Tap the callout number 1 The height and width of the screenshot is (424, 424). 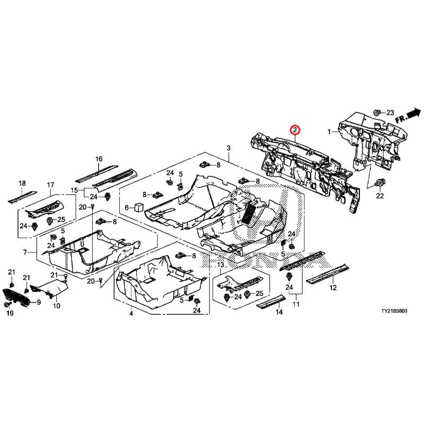pyautogui.click(x=329, y=131)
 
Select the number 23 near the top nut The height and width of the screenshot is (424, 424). pyautogui.click(x=390, y=112)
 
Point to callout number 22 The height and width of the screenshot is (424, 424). pyautogui.click(x=379, y=196)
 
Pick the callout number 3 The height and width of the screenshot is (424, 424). pyautogui.click(x=228, y=147)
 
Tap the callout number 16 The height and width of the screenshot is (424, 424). pyautogui.click(x=99, y=159)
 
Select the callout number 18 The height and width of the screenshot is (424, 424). pyautogui.click(x=22, y=183)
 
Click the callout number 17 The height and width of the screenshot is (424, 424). pyautogui.click(x=51, y=185)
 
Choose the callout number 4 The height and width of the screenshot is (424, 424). pyautogui.click(x=131, y=314)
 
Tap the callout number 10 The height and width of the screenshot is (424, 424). pyautogui.click(x=57, y=306)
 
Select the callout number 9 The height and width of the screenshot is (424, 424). pyautogui.click(x=38, y=303)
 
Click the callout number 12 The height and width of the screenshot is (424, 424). pyautogui.click(x=333, y=288)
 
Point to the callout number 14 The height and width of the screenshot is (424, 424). pyautogui.click(x=279, y=313)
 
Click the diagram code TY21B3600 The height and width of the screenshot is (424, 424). pyautogui.click(x=393, y=313)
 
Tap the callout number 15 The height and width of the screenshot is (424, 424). pyautogui.click(x=75, y=189)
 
